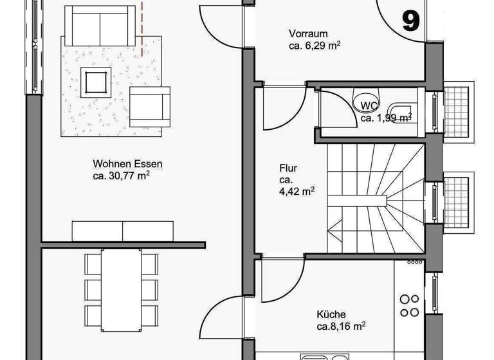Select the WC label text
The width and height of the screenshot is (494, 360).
coord(369,105)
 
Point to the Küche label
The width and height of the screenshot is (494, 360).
coord(331,314)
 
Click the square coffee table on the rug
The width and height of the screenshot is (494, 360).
coord(96,82)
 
